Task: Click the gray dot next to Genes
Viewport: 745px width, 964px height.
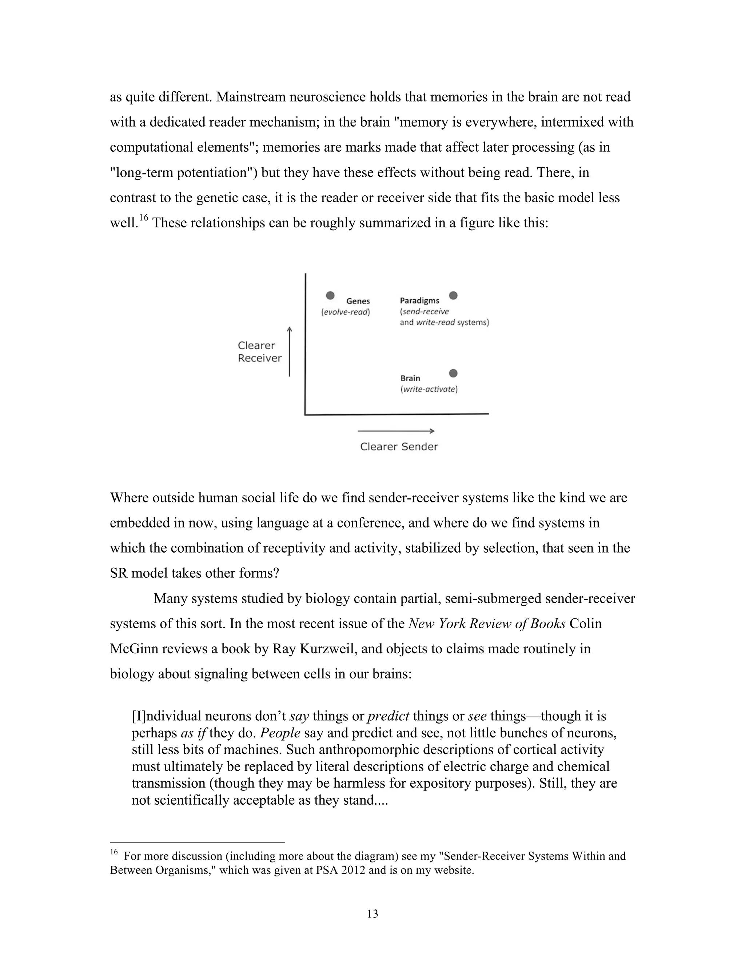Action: (330, 295)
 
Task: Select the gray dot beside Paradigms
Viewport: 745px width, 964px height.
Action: (453, 295)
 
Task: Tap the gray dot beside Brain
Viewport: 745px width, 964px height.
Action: (453, 374)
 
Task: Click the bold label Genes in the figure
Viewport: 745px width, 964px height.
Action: (358, 301)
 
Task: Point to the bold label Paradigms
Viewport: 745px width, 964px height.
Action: (419, 300)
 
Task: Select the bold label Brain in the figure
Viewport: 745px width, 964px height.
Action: (410, 378)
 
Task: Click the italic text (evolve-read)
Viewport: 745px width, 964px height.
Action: (345, 312)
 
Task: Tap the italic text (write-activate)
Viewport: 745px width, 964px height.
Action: (429, 389)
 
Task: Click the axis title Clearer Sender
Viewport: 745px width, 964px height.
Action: (399, 447)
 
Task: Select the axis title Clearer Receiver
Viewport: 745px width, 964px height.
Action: (259, 352)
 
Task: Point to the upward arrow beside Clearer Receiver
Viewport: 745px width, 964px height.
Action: (290, 352)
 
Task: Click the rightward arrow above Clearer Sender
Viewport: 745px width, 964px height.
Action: (396, 431)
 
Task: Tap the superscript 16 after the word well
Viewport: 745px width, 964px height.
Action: (143, 218)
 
